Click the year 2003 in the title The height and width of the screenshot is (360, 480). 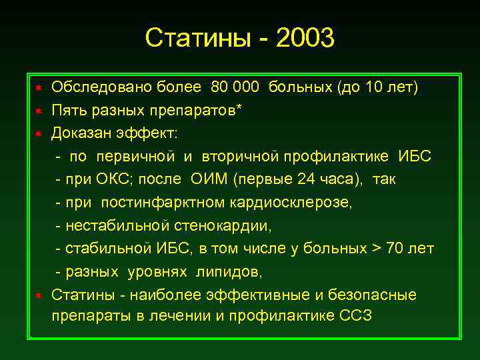click(303, 38)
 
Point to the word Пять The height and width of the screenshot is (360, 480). click(68, 110)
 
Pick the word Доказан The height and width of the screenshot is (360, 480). click(83, 133)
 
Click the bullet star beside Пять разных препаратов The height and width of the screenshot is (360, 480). click(39, 111)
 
